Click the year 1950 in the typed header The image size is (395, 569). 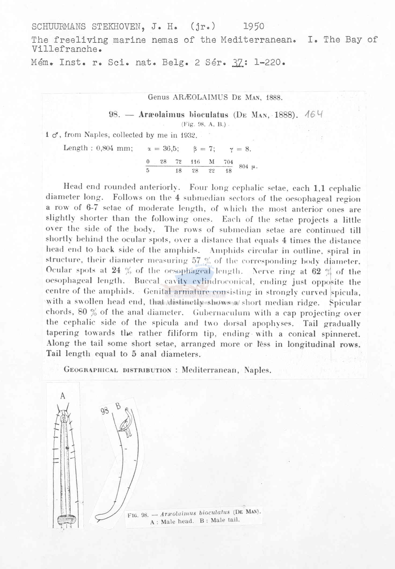pos(254,26)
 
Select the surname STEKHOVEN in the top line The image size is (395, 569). pos(120,27)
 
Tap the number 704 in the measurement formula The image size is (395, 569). pos(228,162)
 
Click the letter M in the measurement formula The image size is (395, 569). pos(212,162)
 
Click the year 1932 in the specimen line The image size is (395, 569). pos(189,135)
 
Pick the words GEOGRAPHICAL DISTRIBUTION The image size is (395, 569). pos(117,370)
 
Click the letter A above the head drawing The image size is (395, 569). pos(63,396)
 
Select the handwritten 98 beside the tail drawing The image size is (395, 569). pos(105,411)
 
